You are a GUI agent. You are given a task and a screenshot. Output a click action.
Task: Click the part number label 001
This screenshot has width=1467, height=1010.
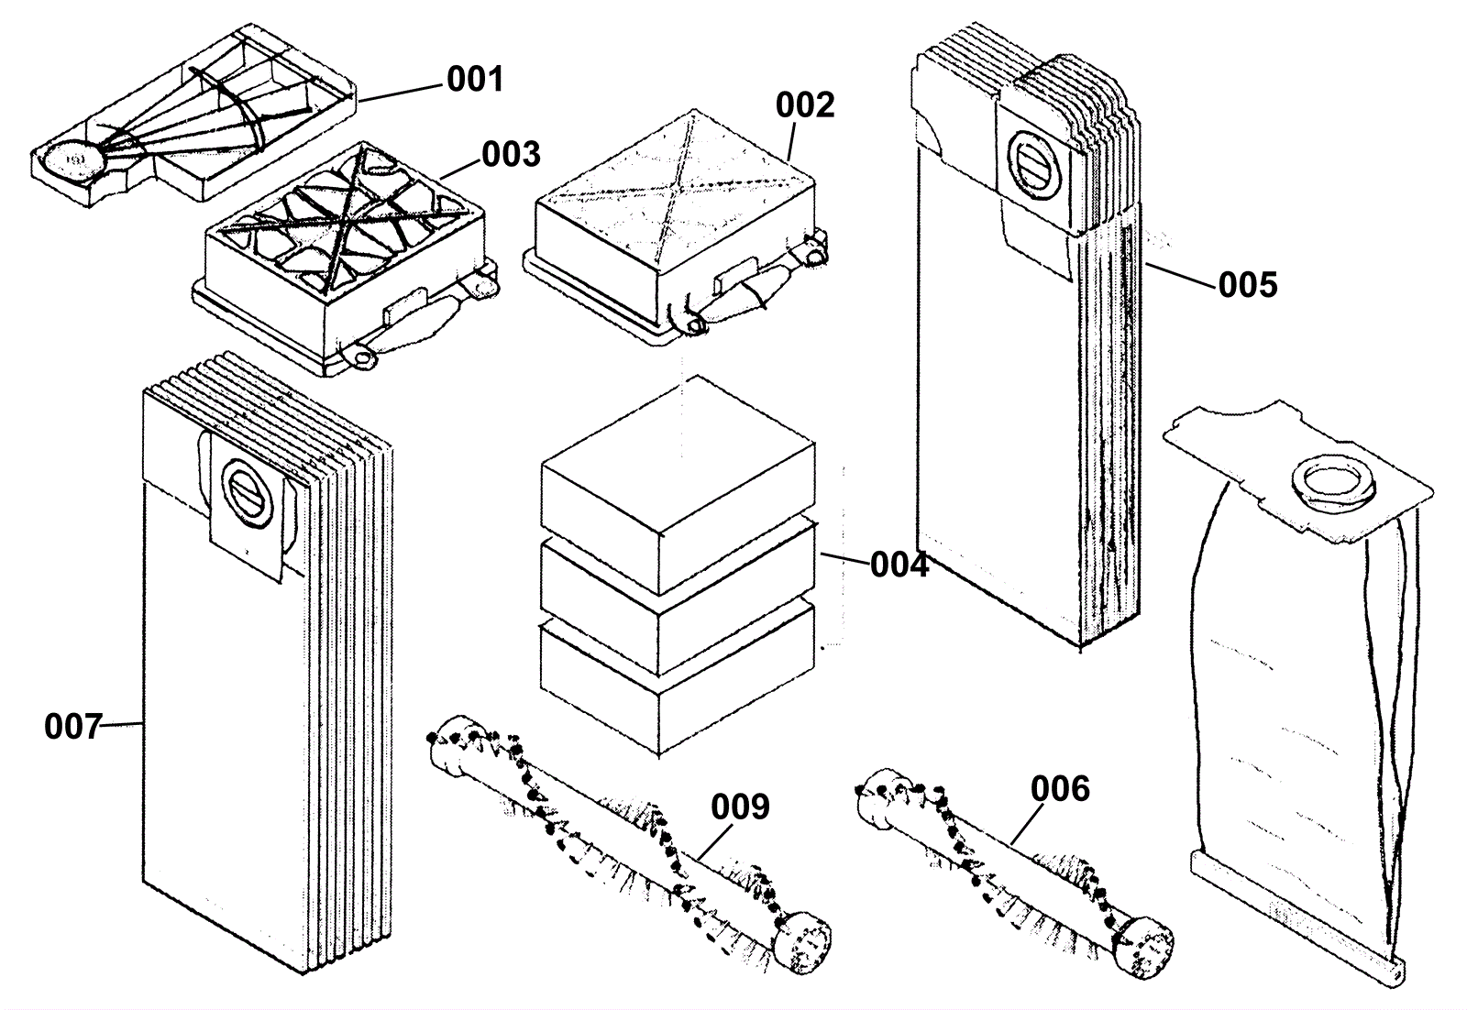tap(476, 79)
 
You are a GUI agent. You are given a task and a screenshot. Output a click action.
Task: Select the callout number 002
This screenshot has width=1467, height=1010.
tap(805, 105)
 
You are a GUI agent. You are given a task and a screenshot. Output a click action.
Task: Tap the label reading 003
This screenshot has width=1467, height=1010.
tap(511, 155)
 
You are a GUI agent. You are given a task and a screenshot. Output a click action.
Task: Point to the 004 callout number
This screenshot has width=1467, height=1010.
tap(899, 565)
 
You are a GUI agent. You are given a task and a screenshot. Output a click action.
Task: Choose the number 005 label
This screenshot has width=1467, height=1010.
tap(1248, 285)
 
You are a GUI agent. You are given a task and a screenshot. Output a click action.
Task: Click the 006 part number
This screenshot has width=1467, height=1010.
tap(1060, 789)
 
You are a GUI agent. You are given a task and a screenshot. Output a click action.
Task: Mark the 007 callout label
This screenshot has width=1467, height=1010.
tap(73, 727)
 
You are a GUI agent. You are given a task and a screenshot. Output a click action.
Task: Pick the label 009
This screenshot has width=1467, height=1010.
tap(740, 807)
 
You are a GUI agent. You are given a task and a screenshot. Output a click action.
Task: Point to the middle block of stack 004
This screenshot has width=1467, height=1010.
tap(678, 598)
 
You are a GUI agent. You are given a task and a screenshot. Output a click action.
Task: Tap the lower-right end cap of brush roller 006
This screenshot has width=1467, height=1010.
tap(1143, 946)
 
